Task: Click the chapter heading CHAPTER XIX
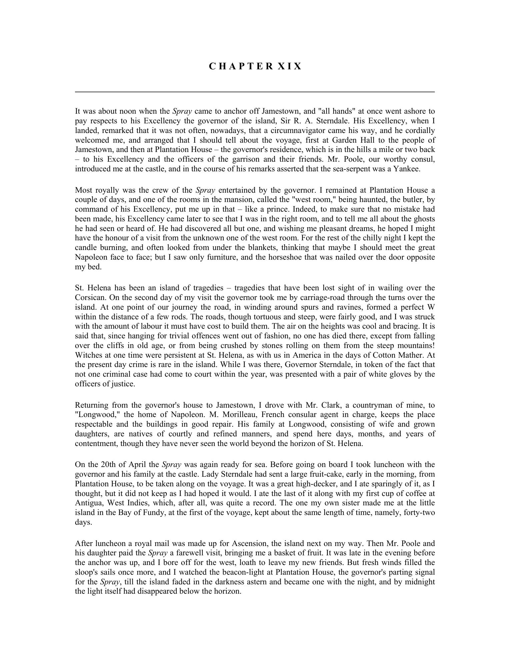pos(255,66)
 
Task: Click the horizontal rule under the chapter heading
pos(255,92)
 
